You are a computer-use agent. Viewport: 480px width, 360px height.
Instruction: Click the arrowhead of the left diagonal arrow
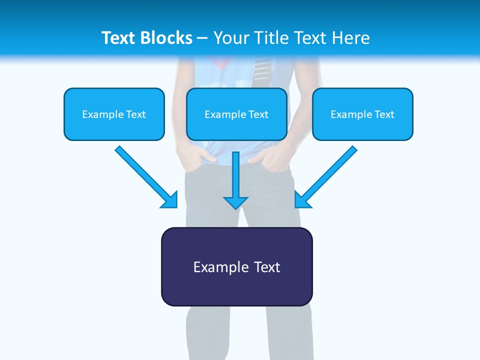[x=170, y=200]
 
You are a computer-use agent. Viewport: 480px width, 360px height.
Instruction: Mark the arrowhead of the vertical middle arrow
[x=235, y=202]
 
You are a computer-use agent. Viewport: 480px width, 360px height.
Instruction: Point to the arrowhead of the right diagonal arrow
[x=302, y=200]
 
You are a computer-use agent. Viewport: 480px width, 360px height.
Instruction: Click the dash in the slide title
[x=202, y=38]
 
